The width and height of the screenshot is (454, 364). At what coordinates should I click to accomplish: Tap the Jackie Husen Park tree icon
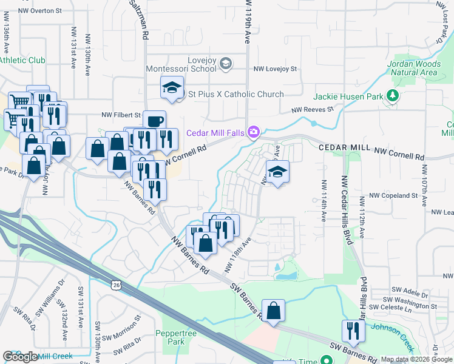coord(393,96)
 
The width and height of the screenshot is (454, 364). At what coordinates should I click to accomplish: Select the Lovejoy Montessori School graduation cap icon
coord(226,62)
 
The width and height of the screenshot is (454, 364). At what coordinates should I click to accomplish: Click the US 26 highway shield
coord(115,284)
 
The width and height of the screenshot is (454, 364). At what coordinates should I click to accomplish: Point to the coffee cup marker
coord(154,120)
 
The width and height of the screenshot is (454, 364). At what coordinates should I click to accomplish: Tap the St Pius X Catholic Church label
coord(235,94)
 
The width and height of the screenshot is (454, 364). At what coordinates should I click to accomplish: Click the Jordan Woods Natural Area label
coord(413,68)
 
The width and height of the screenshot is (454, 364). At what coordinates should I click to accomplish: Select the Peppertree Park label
coord(169,337)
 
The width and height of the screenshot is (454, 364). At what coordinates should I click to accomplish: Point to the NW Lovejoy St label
coord(275,69)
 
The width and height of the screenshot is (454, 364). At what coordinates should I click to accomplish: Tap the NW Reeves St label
coord(313,110)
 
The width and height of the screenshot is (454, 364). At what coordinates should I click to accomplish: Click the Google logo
coord(20,357)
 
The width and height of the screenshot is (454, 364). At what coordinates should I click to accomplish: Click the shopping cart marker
coord(18,101)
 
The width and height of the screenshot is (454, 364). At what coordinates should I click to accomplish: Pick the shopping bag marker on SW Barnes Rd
coord(274,310)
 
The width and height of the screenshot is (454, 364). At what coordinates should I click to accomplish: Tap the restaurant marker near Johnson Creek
coord(352,330)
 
